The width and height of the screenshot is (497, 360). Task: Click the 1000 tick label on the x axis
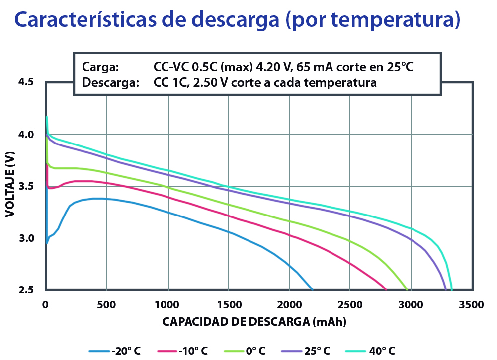(168, 304)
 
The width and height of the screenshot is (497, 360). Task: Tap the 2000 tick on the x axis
(289, 304)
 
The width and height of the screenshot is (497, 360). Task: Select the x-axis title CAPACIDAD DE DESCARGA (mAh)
(254, 322)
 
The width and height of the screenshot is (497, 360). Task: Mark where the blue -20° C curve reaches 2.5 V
(312, 289)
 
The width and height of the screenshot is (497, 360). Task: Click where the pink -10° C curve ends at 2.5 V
(386, 289)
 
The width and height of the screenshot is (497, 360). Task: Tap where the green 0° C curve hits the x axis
(407, 289)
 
